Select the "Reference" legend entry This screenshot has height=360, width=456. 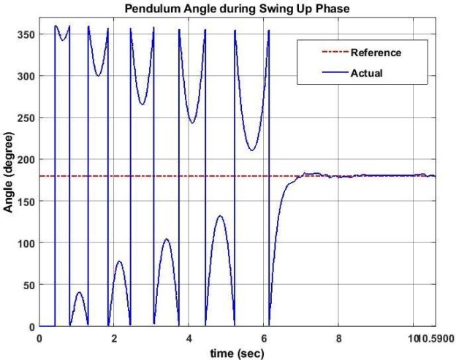point(376,53)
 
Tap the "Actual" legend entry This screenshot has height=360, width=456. point(366,73)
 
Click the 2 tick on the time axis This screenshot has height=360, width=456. point(114,338)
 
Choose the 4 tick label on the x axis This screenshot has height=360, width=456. point(189,338)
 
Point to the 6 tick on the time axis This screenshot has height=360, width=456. point(264,338)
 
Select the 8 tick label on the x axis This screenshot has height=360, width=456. point(338,338)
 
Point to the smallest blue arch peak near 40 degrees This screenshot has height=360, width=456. point(79,293)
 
